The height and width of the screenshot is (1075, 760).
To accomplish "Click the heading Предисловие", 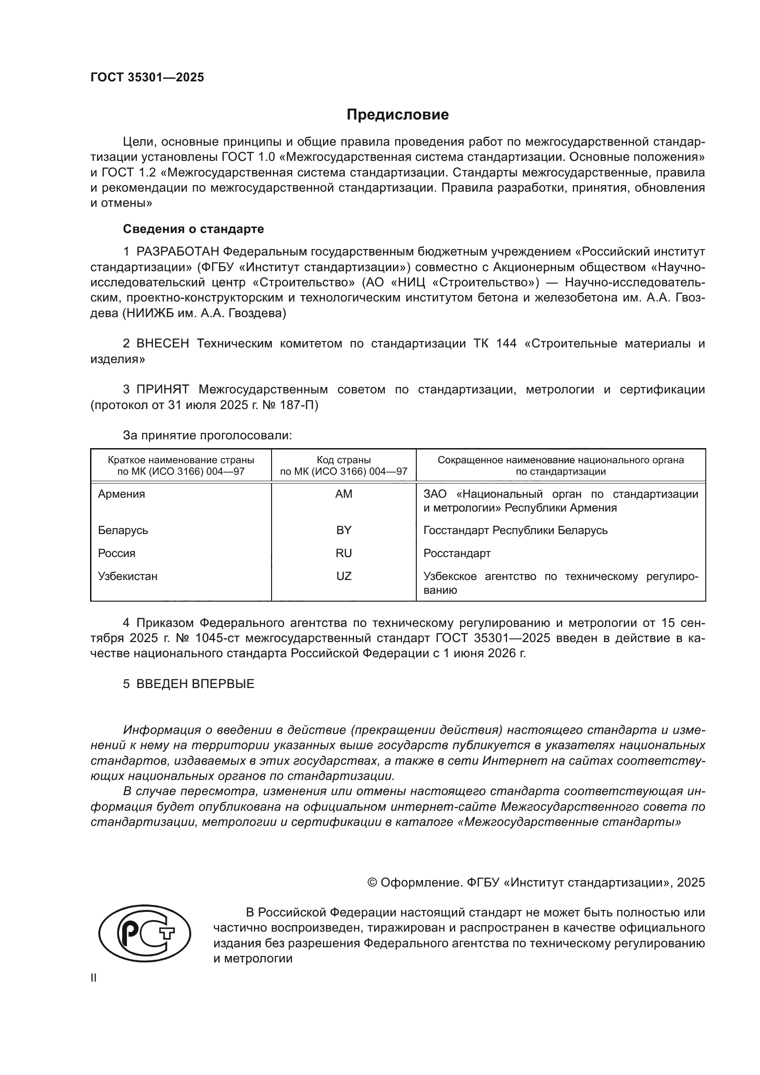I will coord(397,115).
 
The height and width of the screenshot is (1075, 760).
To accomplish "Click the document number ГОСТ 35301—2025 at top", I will coord(147,77).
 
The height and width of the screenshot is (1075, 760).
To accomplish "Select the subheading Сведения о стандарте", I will coord(193,229).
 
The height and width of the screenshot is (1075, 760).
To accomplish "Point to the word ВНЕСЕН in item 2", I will coord(162,344).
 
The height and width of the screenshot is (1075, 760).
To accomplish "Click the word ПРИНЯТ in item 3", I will coord(162,390).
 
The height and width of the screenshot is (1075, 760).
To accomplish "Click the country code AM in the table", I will coord(344,494).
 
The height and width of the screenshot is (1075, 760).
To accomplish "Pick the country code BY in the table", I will coord(344,530).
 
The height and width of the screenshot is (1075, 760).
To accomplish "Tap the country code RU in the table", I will coord(344,553).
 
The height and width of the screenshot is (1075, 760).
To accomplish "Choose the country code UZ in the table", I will coord(344,576).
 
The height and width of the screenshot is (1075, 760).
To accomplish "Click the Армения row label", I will coord(121,494).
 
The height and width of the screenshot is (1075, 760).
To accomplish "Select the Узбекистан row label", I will coord(127,576).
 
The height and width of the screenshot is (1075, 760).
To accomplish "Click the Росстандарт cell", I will coord(457,553).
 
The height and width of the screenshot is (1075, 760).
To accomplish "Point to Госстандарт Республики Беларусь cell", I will coord(515,530).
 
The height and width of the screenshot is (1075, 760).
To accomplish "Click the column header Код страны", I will coord(344,460).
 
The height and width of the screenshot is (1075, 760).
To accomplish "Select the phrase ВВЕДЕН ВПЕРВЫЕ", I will coord(195,683).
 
